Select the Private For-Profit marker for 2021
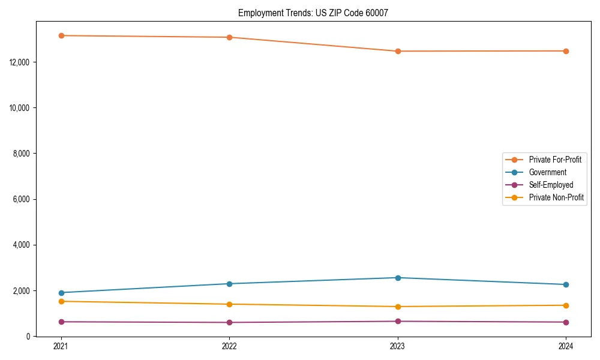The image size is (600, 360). click(61, 35)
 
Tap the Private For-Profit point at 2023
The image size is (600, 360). click(397, 51)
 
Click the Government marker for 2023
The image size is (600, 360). click(397, 278)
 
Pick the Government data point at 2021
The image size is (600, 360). click(61, 293)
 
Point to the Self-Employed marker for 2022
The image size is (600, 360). click(229, 322)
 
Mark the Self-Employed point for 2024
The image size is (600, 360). click(566, 322)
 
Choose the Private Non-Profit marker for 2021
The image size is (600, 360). click(61, 301)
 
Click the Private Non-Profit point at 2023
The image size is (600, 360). click(397, 307)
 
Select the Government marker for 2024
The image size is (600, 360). click(566, 284)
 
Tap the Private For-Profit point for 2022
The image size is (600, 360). click(229, 37)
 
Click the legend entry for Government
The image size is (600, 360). click(547, 172)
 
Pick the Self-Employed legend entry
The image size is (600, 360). click(551, 185)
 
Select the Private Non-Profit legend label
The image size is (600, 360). click(556, 197)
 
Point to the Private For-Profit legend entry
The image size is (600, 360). click(555, 160)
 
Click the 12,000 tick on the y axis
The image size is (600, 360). click(20, 62)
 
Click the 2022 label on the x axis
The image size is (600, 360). click(229, 346)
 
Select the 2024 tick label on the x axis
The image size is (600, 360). click(566, 346)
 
